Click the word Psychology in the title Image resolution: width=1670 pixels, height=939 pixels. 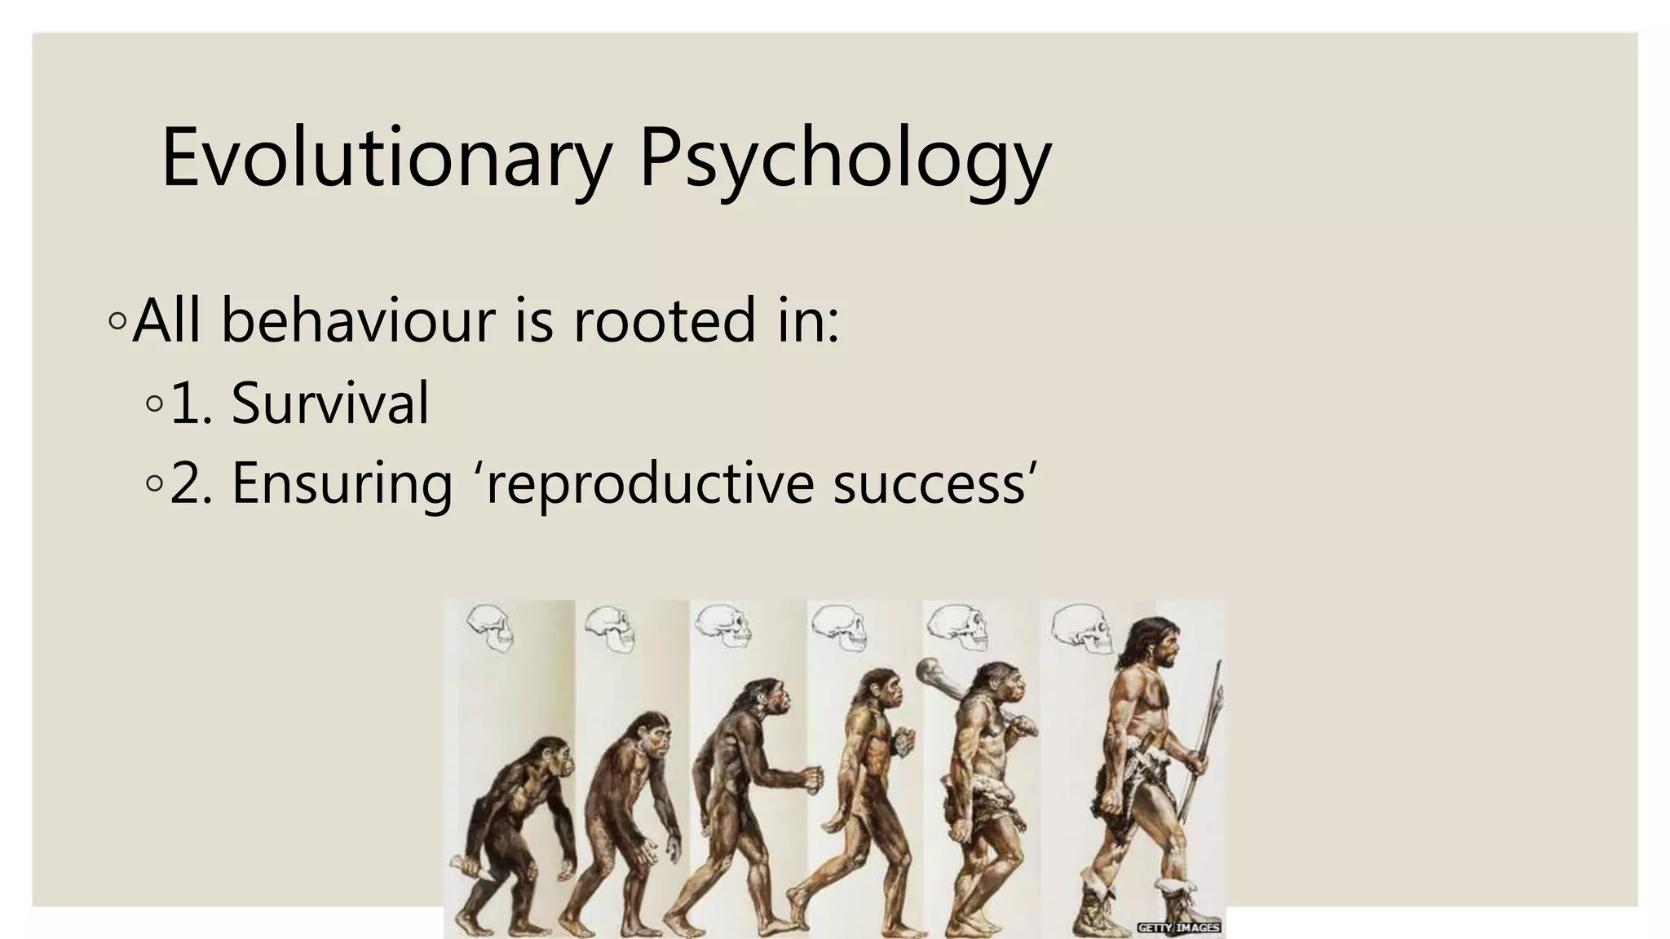coord(845,158)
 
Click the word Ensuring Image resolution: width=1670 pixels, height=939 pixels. coord(342,483)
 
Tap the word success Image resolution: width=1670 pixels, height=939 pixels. coord(929,483)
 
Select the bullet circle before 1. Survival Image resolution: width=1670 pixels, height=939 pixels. coord(154,403)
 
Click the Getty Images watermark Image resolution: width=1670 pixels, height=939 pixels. coord(1178,927)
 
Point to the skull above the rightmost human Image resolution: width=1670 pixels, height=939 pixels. coord(1081,628)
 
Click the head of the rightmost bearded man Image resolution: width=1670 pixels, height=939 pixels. coord(1153,645)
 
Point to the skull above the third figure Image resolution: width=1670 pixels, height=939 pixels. coord(722,626)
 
